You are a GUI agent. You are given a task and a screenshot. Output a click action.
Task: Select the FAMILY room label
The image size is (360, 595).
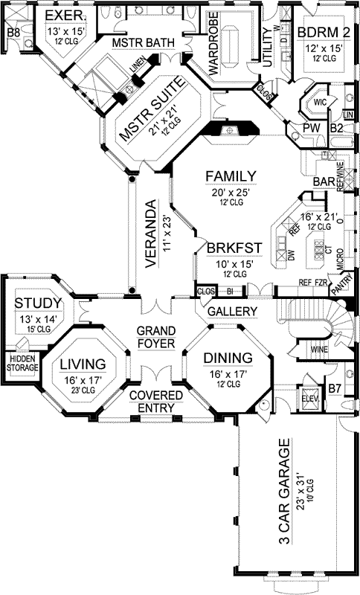(x=231, y=176)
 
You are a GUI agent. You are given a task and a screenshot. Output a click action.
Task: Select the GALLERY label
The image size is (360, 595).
(x=232, y=311)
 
